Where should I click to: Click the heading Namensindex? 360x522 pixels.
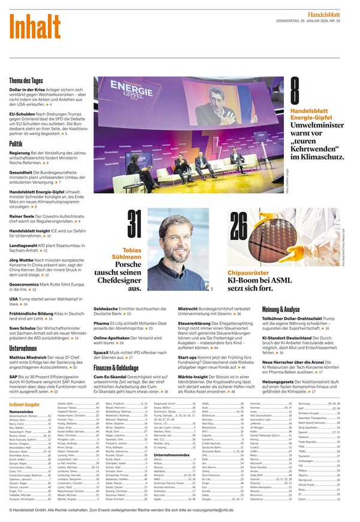pyautogui.click(x=21, y=411)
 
